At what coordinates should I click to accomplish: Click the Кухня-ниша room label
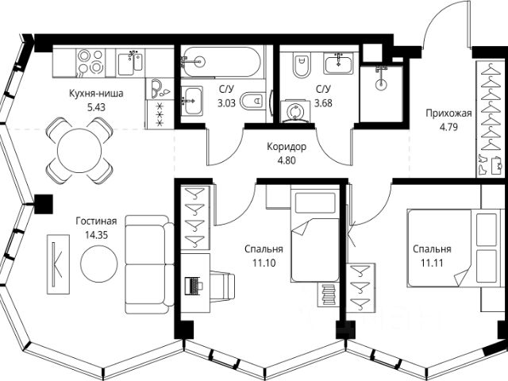(x=96, y=94)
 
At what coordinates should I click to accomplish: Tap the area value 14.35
(x=96, y=235)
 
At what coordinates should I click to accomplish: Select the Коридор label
(x=287, y=147)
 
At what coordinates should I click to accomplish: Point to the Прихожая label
(x=448, y=114)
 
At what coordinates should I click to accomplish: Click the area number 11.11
(x=432, y=263)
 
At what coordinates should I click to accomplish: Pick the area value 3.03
(x=226, y=103)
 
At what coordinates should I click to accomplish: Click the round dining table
(x=79, y=151)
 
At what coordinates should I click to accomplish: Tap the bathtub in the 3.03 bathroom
(x=221, y=62)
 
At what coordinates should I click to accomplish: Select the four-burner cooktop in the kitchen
(x=90, y=63)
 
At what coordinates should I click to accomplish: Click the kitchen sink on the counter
(x=129, y=63)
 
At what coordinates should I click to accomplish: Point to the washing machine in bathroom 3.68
(x=295, y=111)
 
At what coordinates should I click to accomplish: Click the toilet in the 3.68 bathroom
(x=301, y=64)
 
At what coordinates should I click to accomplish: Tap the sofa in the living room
(x=149, y=264)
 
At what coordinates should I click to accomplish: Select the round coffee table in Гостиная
(x=98, y=264)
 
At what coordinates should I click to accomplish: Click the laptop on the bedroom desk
(x=194, y=286)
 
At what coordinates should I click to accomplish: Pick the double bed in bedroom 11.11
(x=452, y=248)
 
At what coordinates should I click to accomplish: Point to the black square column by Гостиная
(x=44, y=204)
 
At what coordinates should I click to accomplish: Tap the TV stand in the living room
(x=58, y=264)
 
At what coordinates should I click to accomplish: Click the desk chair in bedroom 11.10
(x=222, y=286)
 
